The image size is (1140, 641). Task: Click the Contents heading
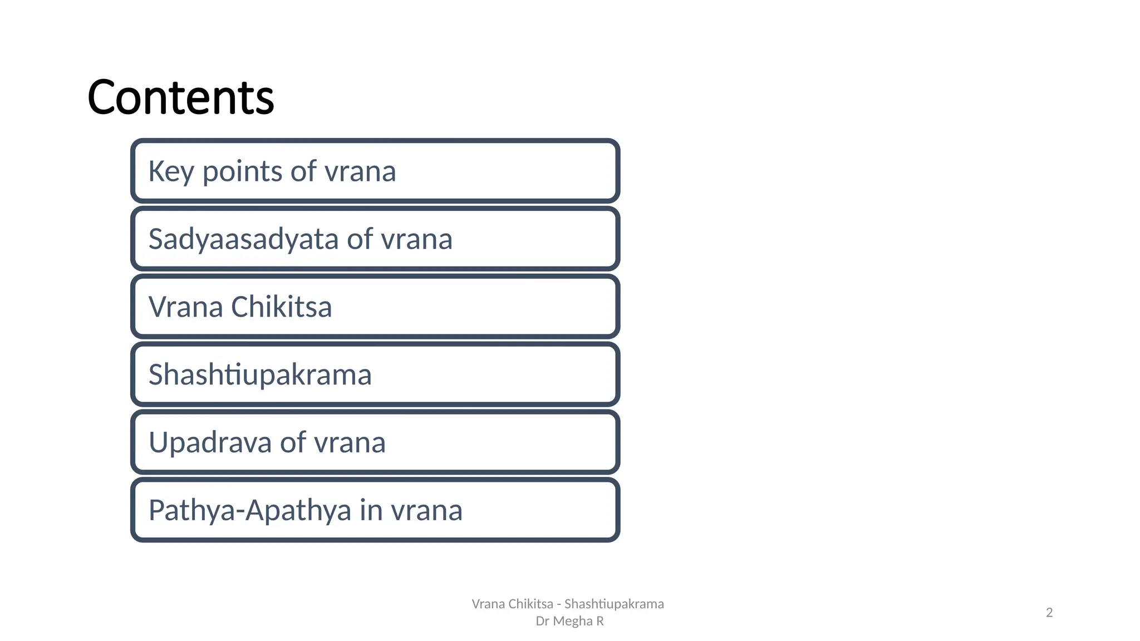(180, 97)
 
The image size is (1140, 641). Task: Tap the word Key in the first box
(171, 171)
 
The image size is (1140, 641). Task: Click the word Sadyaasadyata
(243, 240)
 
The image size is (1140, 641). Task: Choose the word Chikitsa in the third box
(281, 307)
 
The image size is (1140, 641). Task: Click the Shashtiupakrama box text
(260, 374)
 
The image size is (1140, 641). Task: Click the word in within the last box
(371, 511)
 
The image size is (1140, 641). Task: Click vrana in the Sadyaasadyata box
(416, 240)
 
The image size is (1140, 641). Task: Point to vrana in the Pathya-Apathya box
(427, 511)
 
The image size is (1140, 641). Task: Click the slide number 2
(1049, 613)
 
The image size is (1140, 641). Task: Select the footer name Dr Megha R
(569, 621)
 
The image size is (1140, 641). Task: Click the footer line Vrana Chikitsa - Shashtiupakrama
(568, 604)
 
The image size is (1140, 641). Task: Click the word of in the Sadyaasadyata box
(360, 240)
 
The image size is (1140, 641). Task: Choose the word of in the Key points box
(303, 171)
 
